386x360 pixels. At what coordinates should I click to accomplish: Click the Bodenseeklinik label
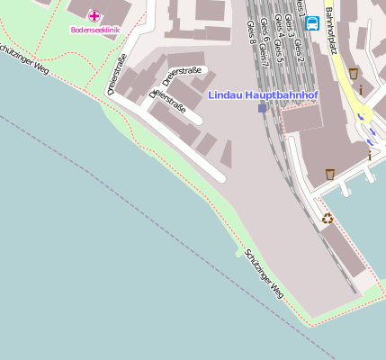[x=95, y=29]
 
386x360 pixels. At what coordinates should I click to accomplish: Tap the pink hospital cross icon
[x=94, y=14]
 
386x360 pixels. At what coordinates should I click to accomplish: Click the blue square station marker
[x=262, y=108]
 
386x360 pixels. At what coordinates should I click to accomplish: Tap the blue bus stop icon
[x=312, y=23]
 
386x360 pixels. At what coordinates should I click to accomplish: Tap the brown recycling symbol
[x=328, y=218]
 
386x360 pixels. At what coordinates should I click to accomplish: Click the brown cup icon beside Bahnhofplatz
[x=354, y=73]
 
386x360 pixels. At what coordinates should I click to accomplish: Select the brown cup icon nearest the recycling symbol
[x=330, y=173]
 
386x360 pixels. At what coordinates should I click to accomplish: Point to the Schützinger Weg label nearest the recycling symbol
[x=264, y=274]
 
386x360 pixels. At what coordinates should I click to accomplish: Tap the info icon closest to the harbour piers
[x=369, y=155]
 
